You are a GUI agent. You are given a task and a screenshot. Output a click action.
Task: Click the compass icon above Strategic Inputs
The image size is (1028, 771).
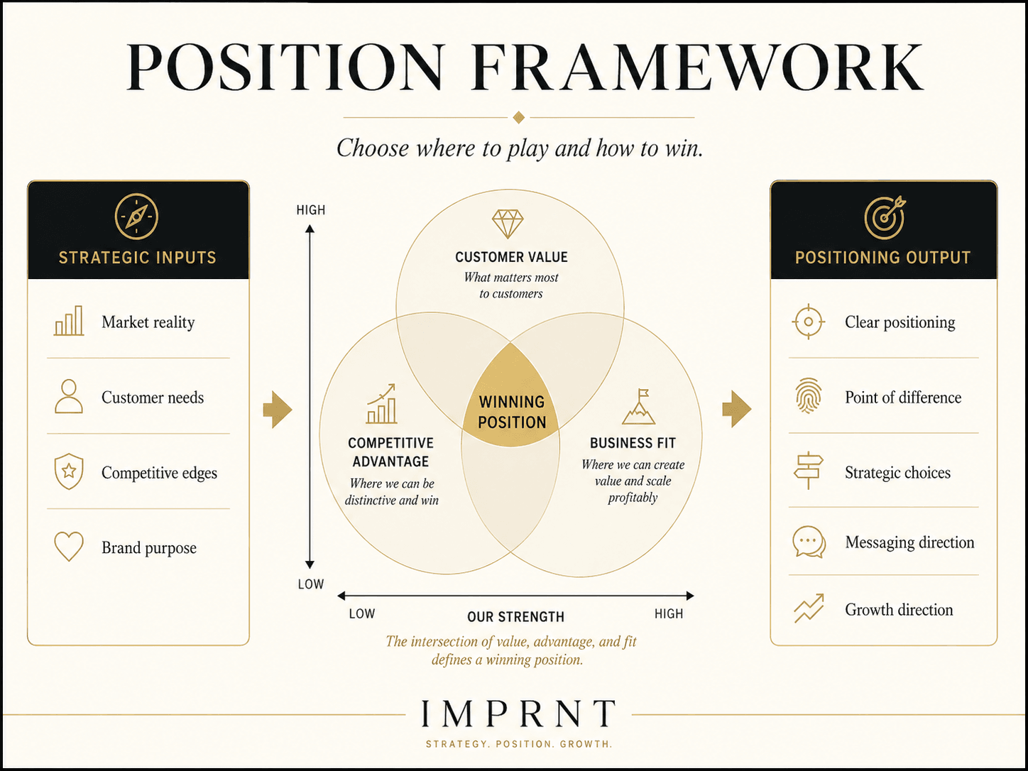136,217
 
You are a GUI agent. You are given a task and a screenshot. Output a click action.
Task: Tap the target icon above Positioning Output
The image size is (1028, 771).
885,217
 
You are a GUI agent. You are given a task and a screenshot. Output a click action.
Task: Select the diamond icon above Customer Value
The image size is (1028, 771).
508,224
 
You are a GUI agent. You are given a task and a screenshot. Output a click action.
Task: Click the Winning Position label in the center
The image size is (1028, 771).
512,412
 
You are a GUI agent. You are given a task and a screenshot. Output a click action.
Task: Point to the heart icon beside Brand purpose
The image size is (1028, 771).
69,546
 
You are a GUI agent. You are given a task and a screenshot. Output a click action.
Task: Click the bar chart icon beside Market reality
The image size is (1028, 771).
69,321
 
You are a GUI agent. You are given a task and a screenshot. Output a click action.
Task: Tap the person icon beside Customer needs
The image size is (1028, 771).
69,396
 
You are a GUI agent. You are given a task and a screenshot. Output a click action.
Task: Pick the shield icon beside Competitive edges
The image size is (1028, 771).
69,471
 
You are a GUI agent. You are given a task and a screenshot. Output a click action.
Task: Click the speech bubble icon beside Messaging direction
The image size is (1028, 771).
809,542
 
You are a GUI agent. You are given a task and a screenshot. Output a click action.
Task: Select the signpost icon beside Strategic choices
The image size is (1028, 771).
809,471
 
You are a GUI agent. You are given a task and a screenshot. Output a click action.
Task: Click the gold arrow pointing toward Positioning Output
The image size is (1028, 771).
737,409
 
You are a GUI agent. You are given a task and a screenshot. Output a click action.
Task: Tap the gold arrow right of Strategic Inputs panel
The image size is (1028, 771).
278,410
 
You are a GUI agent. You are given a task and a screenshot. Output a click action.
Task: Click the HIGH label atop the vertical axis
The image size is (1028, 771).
310,210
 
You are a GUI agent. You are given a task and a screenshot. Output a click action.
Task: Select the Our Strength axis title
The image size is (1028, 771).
515,617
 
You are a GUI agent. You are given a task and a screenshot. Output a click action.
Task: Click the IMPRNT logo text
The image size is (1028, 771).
518,713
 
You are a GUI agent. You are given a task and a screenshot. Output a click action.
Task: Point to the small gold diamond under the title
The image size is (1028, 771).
518,118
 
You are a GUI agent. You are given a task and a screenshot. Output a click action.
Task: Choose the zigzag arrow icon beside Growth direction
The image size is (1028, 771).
809,608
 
